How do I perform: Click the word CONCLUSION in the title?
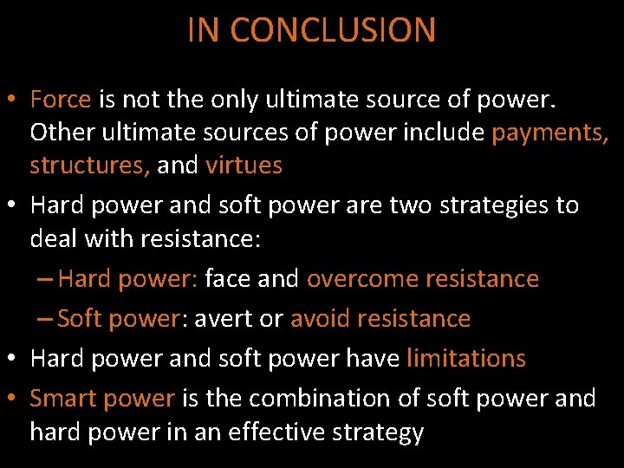(333, 30)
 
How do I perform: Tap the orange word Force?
(60, 100)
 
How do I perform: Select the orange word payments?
(550, 133)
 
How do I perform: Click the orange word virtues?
(244, 166)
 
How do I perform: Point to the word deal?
(54, 238)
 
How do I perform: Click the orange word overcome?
(357, 278)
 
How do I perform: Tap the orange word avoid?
(320, 318)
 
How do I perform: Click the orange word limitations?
(465, 358)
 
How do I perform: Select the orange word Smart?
(62, 398)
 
